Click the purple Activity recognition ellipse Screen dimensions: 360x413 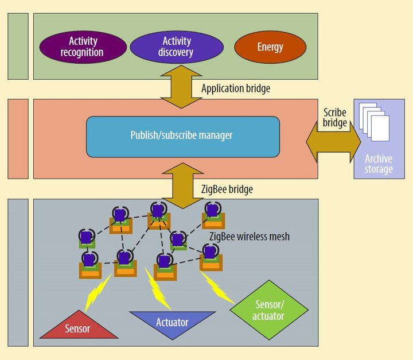coord(82,47)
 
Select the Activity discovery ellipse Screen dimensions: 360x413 coord(177,47)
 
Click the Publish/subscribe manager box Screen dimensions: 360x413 coord(182,137)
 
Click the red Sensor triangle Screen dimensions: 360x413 coord(79,328)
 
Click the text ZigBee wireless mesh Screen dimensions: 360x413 coord(249,235)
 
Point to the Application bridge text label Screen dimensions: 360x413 coord(236,89)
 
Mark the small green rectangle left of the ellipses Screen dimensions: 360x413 coord(18,46)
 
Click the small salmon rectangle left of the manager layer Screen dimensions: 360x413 coord(18,138)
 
